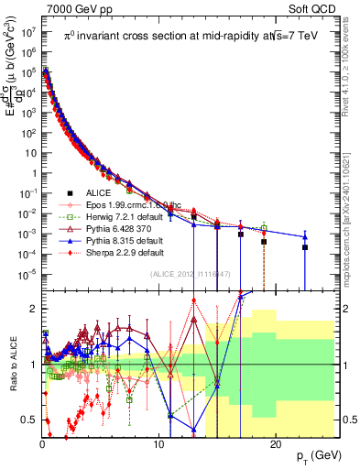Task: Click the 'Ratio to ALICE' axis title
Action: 12,363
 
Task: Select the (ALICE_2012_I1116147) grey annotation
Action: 188,274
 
